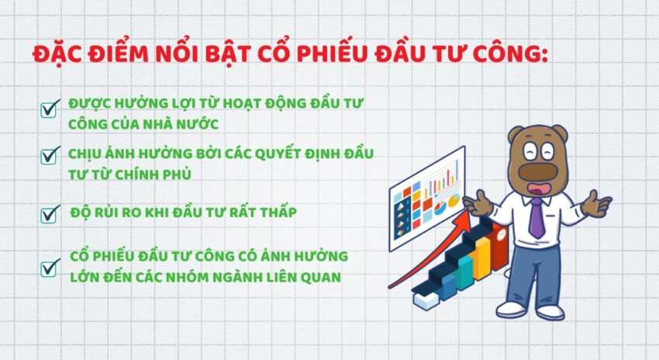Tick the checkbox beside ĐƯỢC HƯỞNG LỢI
[x=50, y=109]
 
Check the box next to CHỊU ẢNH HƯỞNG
[x=50, y=154]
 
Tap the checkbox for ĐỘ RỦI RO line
[x=50, y=213]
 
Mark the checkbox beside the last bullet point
[x=50, y=268]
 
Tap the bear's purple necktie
[x=536, y=217]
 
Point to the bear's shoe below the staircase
[x=512, y=308]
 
